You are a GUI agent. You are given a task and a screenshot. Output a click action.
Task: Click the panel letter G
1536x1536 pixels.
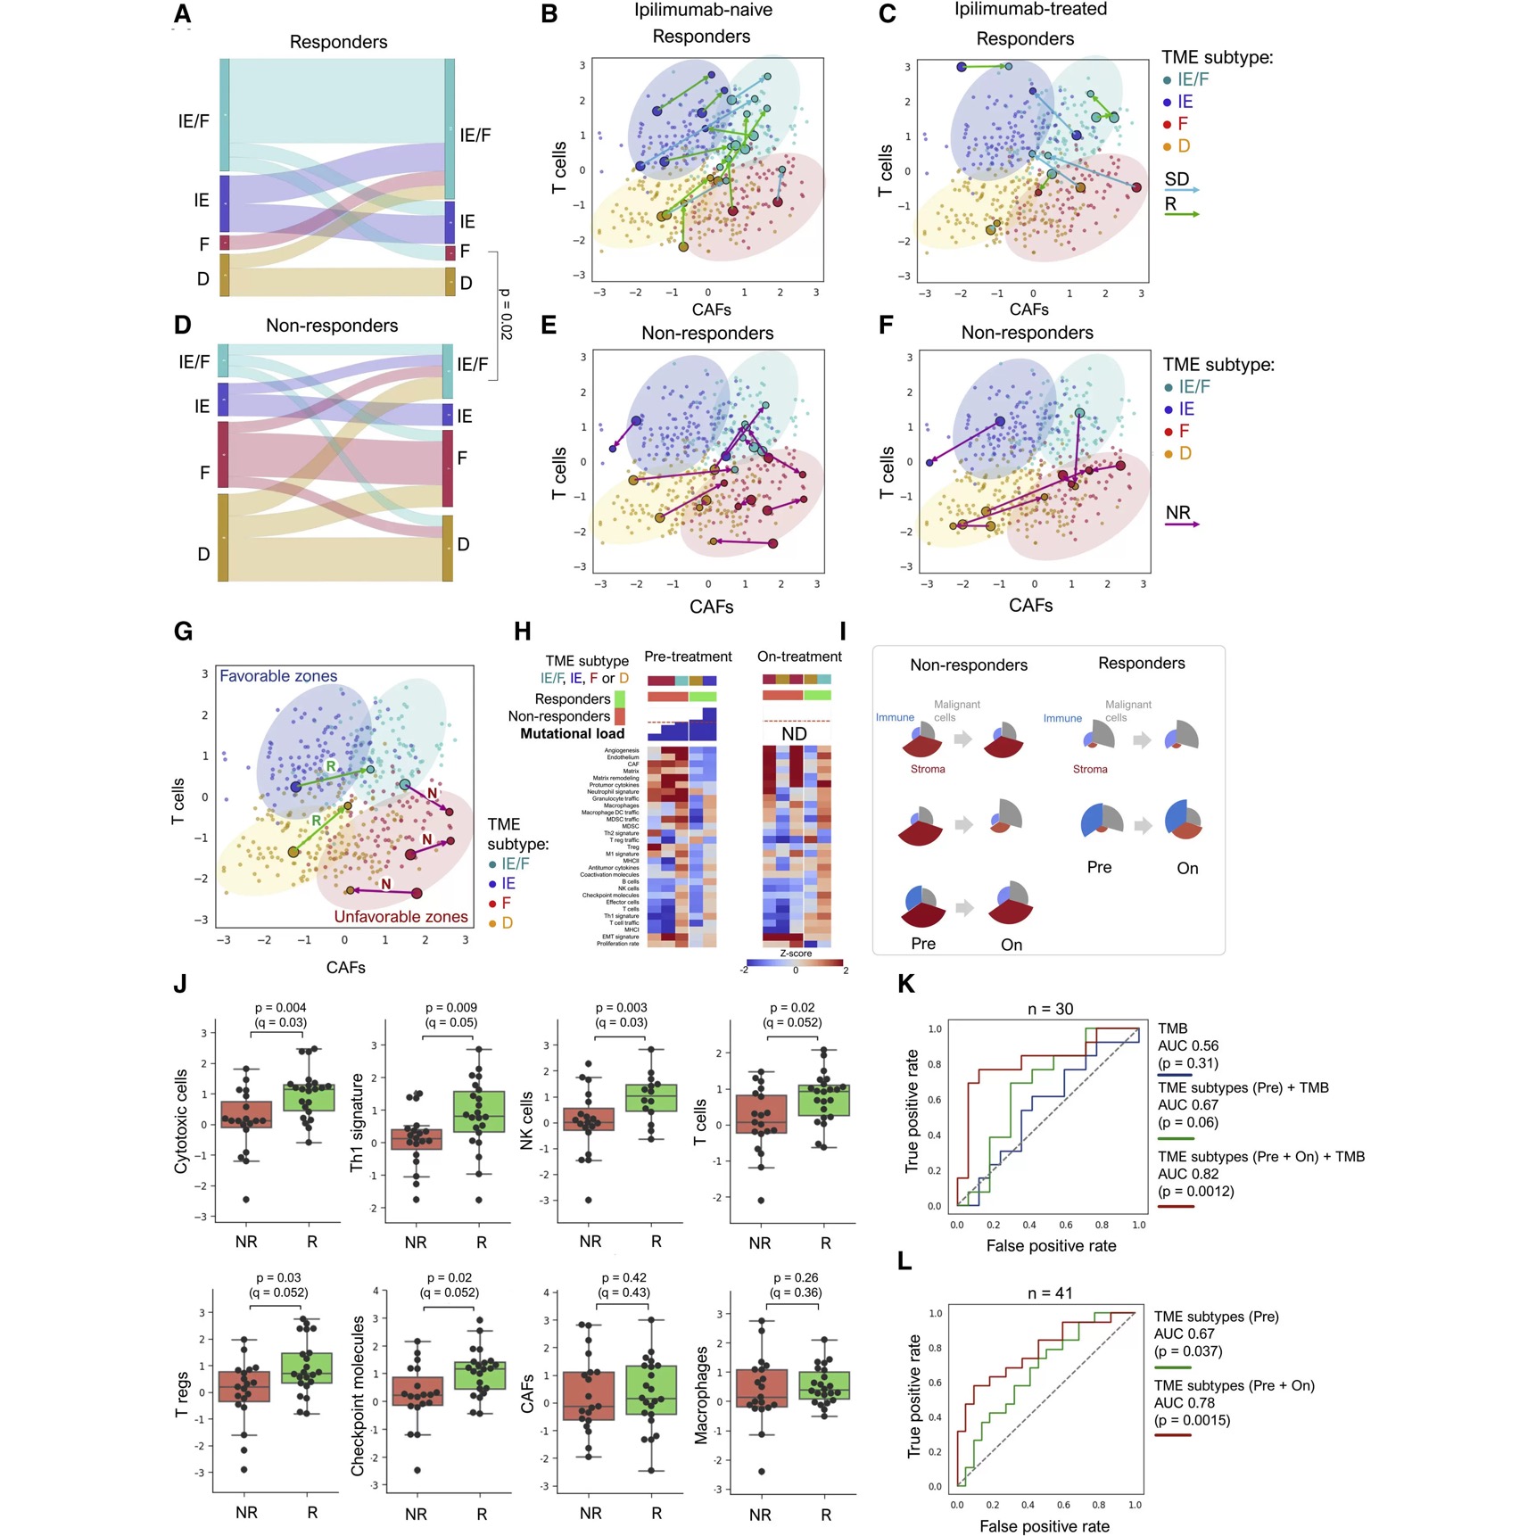pos(183,632)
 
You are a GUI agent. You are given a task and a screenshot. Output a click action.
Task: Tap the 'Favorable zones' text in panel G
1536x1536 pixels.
pos(278,676)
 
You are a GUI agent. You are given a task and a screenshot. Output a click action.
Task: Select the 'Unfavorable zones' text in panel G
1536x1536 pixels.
pos(401,916)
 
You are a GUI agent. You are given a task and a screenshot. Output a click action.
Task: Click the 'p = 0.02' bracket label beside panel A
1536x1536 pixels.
pos(506,314)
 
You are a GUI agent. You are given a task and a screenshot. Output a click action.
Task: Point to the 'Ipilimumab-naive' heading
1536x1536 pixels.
pos(703,11)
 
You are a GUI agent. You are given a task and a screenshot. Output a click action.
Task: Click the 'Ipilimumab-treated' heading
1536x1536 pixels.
pos(1030,10)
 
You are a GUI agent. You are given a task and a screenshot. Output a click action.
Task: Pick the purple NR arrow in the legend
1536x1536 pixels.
pos(1183,524)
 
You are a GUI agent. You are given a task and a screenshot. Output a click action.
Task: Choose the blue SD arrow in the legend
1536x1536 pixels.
pos(1183,190)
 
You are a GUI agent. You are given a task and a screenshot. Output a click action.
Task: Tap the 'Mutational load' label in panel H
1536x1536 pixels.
pos(572,734)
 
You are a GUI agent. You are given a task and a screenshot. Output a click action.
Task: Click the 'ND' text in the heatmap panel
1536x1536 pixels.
pos(794,734)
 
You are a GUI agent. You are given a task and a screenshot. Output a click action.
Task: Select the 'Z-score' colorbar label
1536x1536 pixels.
pos(796,954)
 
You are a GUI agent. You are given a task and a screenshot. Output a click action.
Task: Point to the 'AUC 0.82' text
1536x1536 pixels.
pos(1188,1174)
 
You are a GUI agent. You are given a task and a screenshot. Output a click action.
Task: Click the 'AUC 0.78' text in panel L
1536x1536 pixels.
pos(1184,1402)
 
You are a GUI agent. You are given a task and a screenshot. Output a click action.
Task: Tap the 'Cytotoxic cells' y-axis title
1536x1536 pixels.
pos(181,1121)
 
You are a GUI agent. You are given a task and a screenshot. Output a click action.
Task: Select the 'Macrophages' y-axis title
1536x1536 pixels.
pos(701,1395)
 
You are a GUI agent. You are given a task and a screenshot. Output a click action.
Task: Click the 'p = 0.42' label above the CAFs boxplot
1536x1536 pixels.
pos(623,1278)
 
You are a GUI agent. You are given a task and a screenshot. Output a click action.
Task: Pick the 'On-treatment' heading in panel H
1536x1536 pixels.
pos(799,657)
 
